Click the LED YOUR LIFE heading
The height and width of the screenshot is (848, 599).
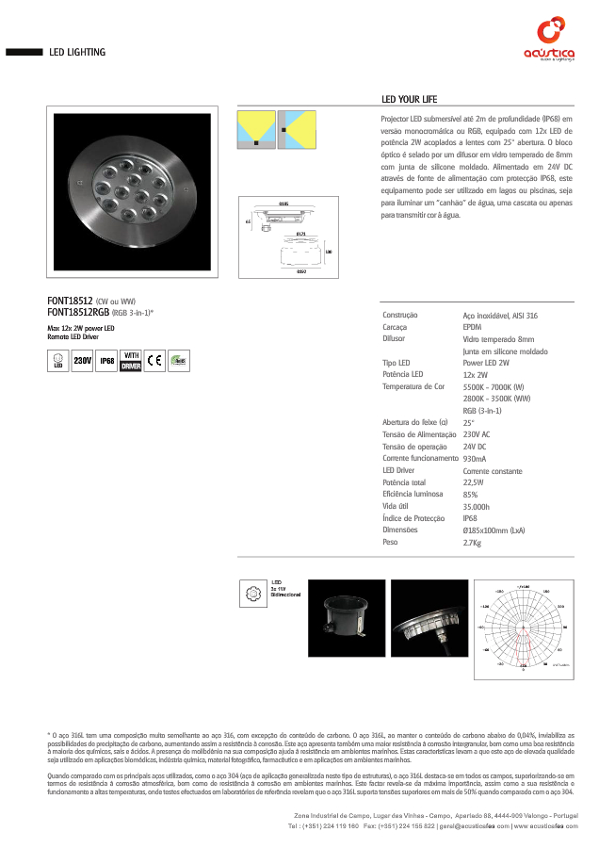pyautogui.click(x=410, y=100)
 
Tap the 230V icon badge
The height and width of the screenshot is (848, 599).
pyautogui.click(x=82, y=361)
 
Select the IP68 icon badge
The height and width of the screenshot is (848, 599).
pyautogui.click(x=106, y=361)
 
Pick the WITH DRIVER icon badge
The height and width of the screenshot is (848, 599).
pyautogui.click(x=131, y=361)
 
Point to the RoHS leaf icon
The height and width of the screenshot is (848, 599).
pyautogui.click(x=179, y=361)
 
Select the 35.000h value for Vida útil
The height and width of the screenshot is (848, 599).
pyautogui.click(x=477, y=506)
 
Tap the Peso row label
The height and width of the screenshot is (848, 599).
pyautogui.click(x=390, y=542)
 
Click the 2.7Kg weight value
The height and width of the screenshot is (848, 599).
pyautogui.click(x=472, y=543)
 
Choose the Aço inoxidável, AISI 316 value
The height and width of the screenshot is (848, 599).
pyautogui.click(x=500, y=316)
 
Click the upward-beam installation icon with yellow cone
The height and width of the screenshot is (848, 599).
pyautogui.click(x=253, y=129)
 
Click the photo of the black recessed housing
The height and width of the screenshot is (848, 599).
pyautogui.click(x=349, y=621)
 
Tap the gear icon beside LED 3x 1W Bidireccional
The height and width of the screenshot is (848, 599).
pyautogui.click(x=251, y=592)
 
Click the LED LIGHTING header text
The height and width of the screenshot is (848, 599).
pyautogui.click(x=77, y=52)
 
